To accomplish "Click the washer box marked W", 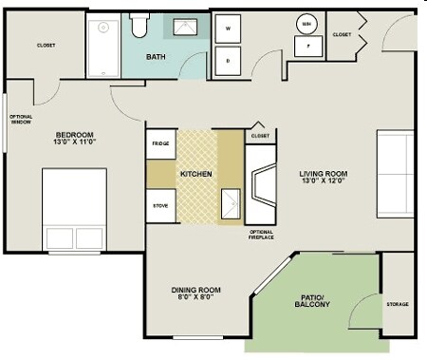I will [x=229, y=29].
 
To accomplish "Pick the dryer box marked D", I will [x=229, y=61].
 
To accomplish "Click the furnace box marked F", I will [x=306, y=44].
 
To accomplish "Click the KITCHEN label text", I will [x=195, y=175].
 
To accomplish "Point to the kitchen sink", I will [x=230, y=203].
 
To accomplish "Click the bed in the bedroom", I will [x=74, y=210].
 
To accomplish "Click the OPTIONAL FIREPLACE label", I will [x=262, y=236].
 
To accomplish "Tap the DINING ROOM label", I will [x=195, y=293].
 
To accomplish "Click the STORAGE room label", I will [x=398, y=304].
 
